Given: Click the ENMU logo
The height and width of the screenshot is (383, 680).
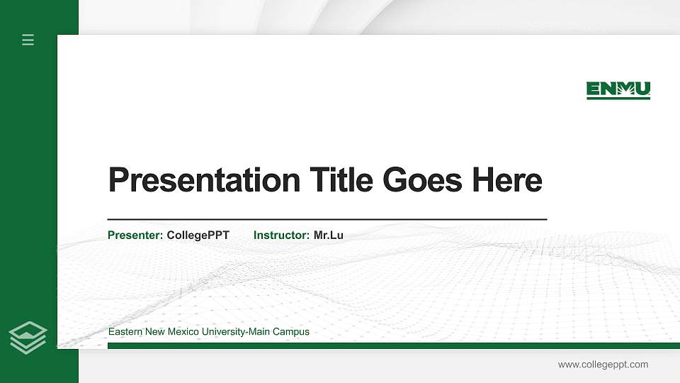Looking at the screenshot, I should (x=618, y=90).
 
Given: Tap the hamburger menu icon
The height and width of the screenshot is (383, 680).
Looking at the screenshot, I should (x=28, y=40).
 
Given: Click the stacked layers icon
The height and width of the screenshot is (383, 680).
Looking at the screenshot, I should (x=28, y=337).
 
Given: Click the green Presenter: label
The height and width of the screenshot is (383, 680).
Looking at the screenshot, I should (x=135, y=235).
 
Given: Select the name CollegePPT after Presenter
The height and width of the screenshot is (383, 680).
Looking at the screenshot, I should (x=198, y=235).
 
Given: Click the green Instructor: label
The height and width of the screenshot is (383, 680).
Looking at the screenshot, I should (x=281, y=235).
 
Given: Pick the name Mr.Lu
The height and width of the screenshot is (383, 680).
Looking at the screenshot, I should (x=328, y=235).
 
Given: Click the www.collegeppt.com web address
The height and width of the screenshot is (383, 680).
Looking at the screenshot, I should (x=603, y=365).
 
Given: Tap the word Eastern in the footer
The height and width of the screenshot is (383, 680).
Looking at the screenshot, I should (x=125, y=332).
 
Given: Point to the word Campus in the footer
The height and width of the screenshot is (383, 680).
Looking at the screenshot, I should (x=293, y=332).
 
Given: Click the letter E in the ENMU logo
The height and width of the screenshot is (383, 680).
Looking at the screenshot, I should (x=593, y=89).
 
